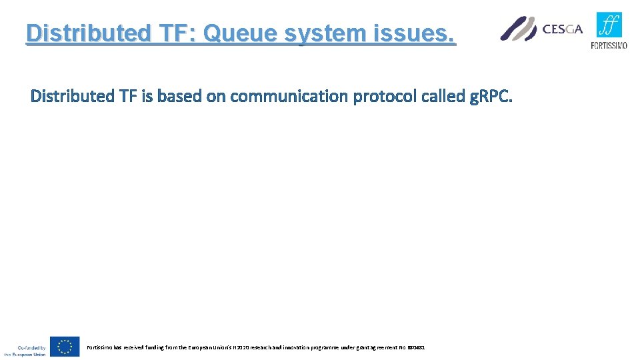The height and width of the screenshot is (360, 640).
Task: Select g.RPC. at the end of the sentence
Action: (491, 97)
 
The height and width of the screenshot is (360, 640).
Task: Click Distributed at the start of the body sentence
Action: (73, 97)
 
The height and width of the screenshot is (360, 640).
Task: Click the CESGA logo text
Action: (563, 29)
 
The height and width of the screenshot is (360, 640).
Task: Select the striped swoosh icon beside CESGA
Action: (519, 29)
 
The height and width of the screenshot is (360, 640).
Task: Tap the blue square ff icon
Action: (609, 25)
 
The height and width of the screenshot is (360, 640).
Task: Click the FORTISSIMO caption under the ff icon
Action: (609, 45)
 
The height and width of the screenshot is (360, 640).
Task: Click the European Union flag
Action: (65, 346)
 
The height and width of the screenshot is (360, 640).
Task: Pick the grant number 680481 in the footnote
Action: (417, 347)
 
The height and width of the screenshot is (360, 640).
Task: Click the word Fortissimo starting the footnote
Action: (99, 347)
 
